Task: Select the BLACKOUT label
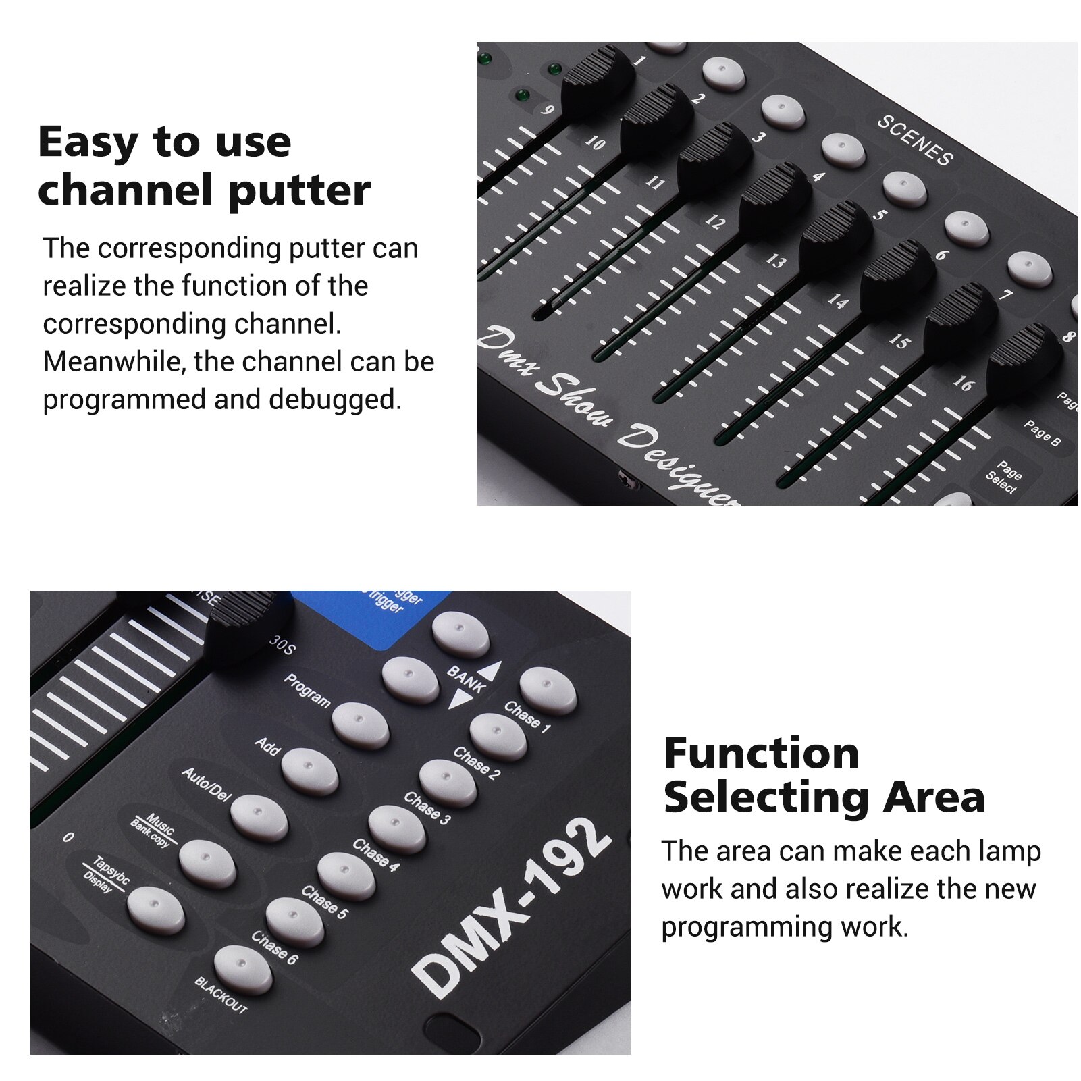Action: [221, 995]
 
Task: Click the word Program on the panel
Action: [307, 690]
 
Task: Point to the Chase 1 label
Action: [527, 716]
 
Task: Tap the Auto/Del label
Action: [207, 784]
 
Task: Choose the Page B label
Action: [1042, 432]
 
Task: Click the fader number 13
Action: [775, 261]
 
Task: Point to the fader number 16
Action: [963, 384]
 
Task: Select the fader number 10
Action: [595, 142]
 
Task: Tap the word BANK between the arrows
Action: [466, 679]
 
